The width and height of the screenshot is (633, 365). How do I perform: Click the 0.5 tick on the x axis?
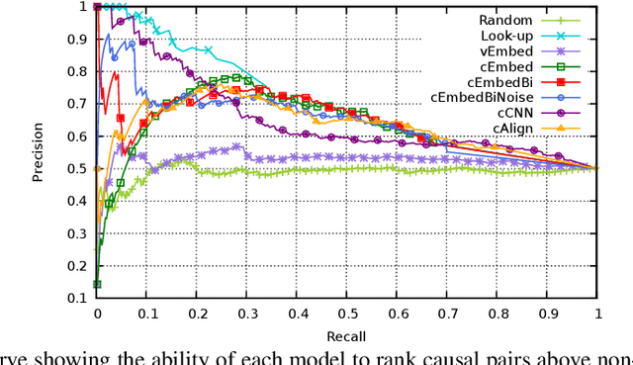point(347,313)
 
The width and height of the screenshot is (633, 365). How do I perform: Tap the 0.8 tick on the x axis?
point(497,313)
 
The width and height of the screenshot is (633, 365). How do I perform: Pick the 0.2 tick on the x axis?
point(197,313)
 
